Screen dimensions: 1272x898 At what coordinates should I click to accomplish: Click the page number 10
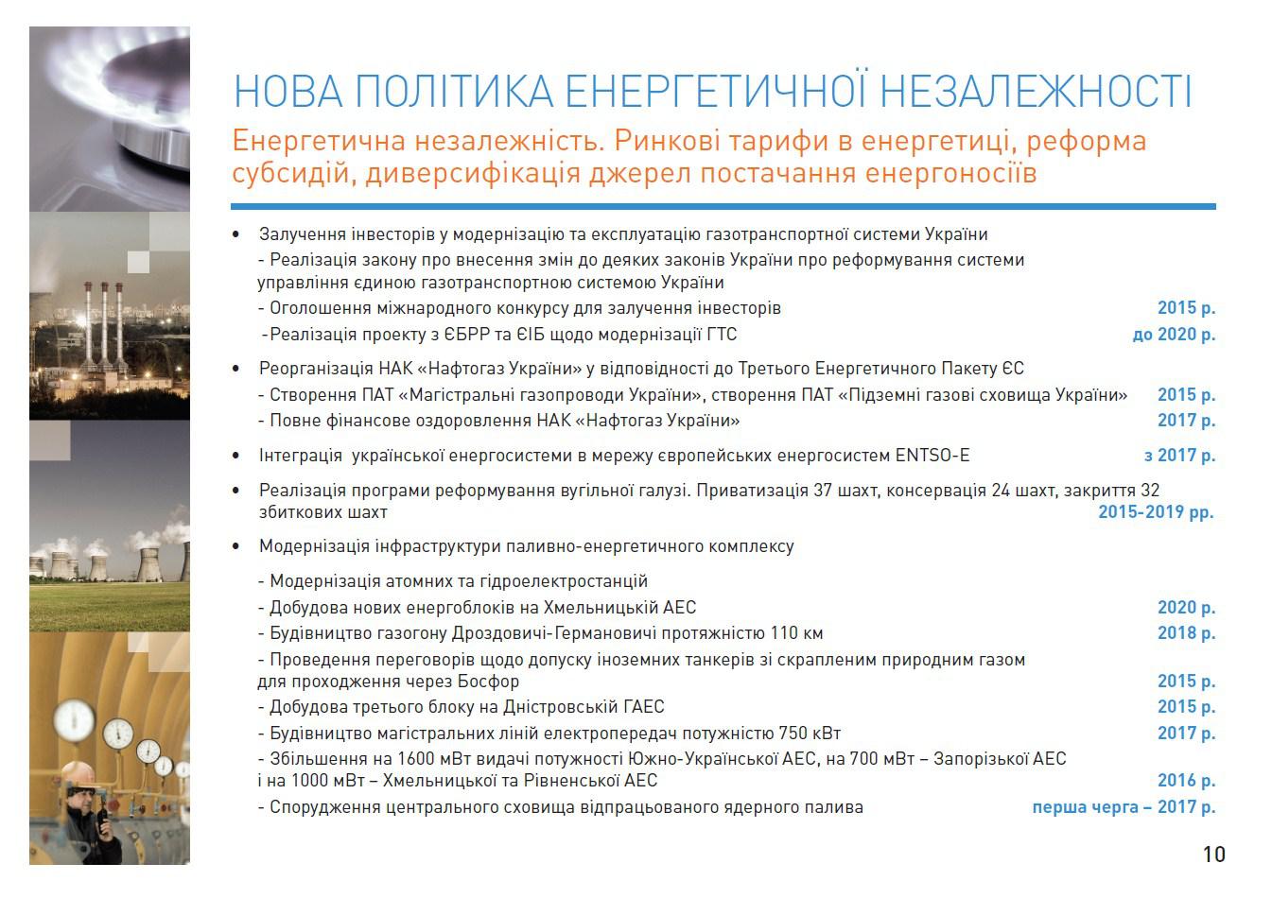coord(1214,855)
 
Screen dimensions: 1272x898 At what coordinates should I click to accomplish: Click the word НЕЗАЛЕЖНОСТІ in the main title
coord(1036,91)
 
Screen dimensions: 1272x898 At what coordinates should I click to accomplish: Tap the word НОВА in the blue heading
coord(289,91)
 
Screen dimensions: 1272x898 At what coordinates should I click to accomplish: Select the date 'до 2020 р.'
coord(1174,335)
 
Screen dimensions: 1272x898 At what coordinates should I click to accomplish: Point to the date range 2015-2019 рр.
coord(1156,512)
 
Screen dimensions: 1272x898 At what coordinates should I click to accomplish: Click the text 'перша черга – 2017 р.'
coord(1124,807)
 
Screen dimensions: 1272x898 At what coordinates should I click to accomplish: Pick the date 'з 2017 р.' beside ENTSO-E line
coord(1179,456)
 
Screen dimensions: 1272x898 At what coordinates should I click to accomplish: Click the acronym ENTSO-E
coord(932,456)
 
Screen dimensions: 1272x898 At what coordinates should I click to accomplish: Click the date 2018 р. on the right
coord(1186,633)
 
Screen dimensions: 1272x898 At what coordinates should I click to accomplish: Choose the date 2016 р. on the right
coord(1186,781)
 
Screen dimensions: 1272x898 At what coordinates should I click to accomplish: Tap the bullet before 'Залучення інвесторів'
coord(235,234)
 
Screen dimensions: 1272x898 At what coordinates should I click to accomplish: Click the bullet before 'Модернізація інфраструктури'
coord(235,546)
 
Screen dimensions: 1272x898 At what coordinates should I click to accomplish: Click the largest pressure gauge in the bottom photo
coord(75,720)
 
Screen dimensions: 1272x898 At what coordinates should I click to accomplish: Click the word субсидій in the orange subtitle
coord(294,173)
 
